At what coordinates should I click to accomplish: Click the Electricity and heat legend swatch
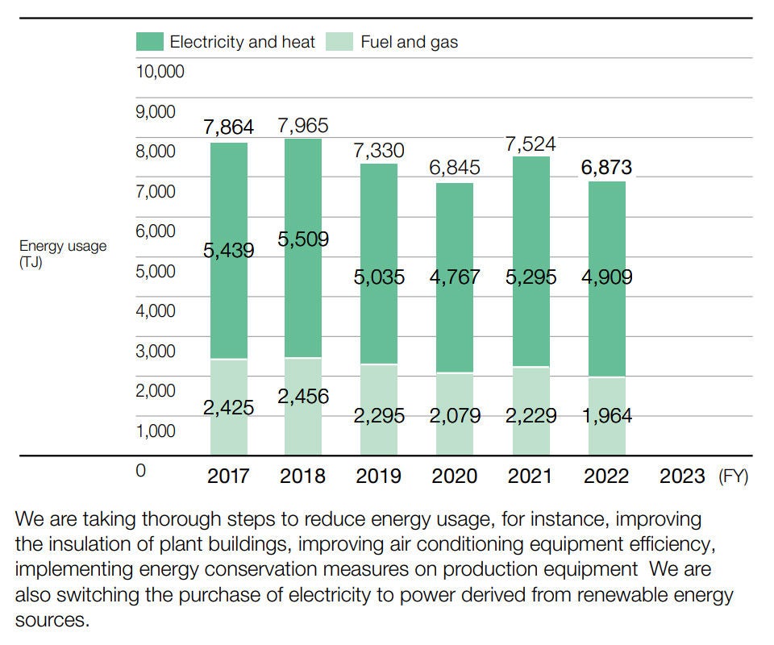(x=149, y=42)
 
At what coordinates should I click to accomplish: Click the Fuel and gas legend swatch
(x=339, y=42)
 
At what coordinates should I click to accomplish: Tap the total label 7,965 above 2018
(x=302, y=126)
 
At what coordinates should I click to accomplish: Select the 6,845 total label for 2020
(x=454, y=168)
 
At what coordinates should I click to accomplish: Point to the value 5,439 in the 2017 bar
(x=228, y=251)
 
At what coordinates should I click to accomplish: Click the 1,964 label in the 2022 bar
(x=606, y=416)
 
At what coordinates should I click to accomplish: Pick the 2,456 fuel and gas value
(x=302, y=396)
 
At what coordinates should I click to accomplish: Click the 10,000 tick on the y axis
(x=160, y=72)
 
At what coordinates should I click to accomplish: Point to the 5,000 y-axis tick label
(x=155, y=271)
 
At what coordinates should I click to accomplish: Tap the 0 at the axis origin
(x=140, y=471)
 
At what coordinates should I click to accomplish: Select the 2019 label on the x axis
(x=379, y=476)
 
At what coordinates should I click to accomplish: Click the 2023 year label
(x=682, y=476)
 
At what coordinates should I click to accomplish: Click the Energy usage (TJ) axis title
(x=62, y=254)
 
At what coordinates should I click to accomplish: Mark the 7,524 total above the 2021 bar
(x=530, y=144)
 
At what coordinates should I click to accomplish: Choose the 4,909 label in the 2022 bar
(x=606, y=277)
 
